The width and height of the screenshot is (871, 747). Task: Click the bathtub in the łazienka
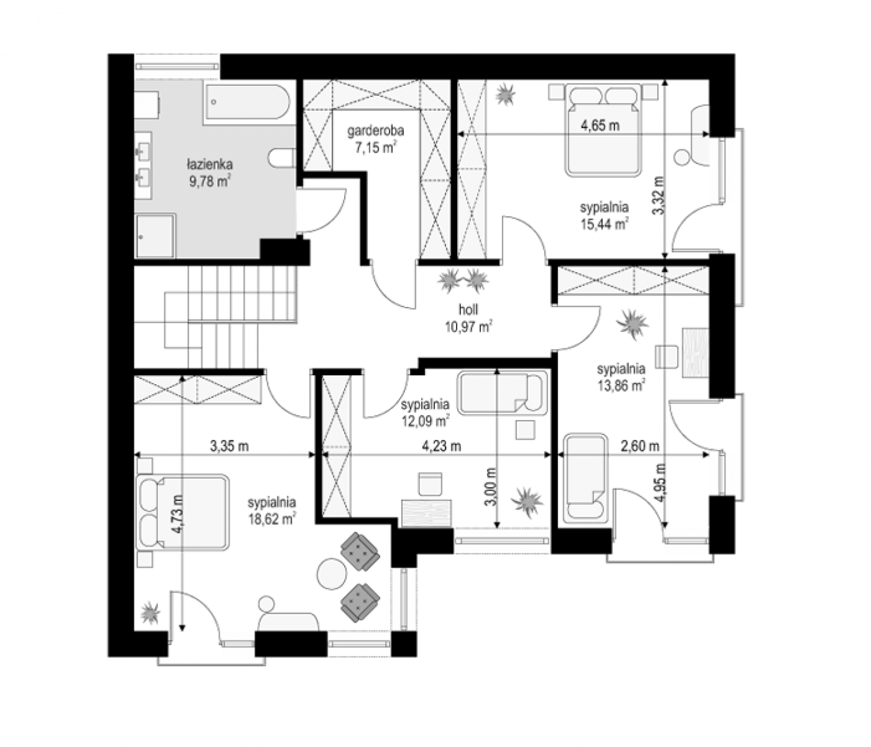point(247,104)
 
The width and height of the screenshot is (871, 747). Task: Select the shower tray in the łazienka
point(155,236)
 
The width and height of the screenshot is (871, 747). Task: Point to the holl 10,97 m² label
point(468,318)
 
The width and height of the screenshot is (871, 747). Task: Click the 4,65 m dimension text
point(600,125)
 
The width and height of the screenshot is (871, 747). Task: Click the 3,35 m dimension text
point(229,446)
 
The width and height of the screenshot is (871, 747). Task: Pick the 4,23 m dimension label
point(441,446)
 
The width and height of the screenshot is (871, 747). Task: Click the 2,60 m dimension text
point(640,446)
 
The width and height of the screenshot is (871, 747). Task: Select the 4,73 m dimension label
point(179,514)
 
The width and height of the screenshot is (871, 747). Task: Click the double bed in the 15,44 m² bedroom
point(603,129)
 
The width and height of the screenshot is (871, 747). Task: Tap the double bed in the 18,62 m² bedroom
point(182,513)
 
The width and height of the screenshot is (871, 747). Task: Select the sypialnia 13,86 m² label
point(621,377)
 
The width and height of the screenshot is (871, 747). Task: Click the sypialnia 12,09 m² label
point(425,412)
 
